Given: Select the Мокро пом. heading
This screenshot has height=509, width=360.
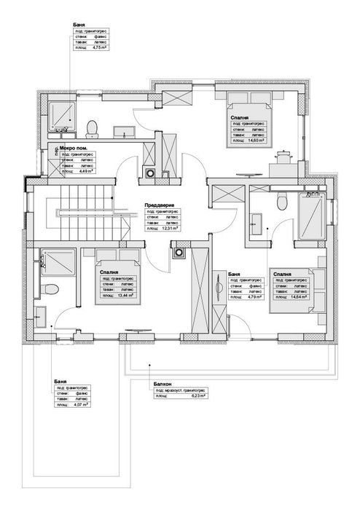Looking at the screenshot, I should coord(60,149).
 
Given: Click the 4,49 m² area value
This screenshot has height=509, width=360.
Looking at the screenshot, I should coord(83,172).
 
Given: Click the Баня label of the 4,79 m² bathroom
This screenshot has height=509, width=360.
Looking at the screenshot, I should coord(235,275).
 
